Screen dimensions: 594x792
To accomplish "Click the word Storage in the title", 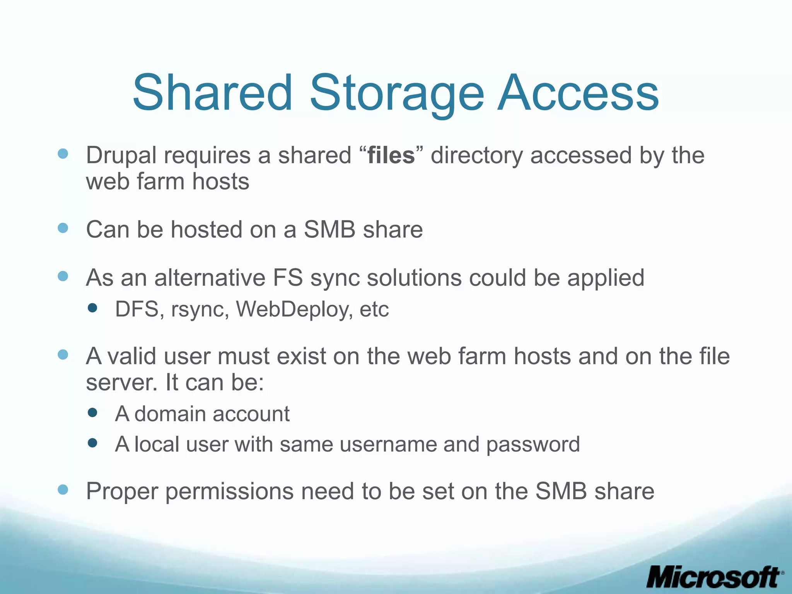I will point(397,94).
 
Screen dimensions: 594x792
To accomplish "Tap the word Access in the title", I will point(578,94).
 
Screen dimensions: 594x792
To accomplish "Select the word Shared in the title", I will point(212,94).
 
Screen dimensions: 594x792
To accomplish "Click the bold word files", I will point(391,155).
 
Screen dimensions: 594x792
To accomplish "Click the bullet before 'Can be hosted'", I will point(63,228).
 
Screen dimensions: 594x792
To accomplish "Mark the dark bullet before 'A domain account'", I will point(92,412).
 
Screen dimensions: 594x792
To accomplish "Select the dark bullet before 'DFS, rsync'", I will point(92,308).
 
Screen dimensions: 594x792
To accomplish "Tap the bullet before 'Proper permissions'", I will point(63,490).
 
